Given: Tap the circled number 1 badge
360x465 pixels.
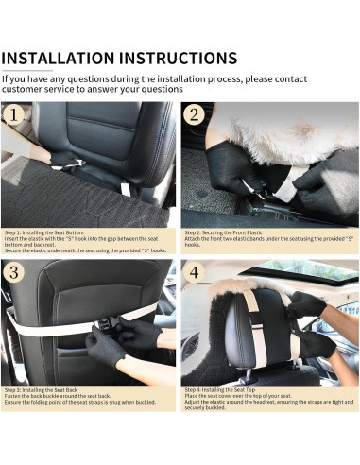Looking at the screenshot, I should click(14, 115).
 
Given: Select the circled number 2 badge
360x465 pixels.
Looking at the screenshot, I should click(194, 115).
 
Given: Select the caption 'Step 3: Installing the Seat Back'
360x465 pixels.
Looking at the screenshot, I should click(43, 389).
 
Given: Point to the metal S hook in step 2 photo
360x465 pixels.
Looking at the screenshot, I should click(252, 186).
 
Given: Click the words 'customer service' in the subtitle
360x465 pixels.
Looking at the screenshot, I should click(39, 90).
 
